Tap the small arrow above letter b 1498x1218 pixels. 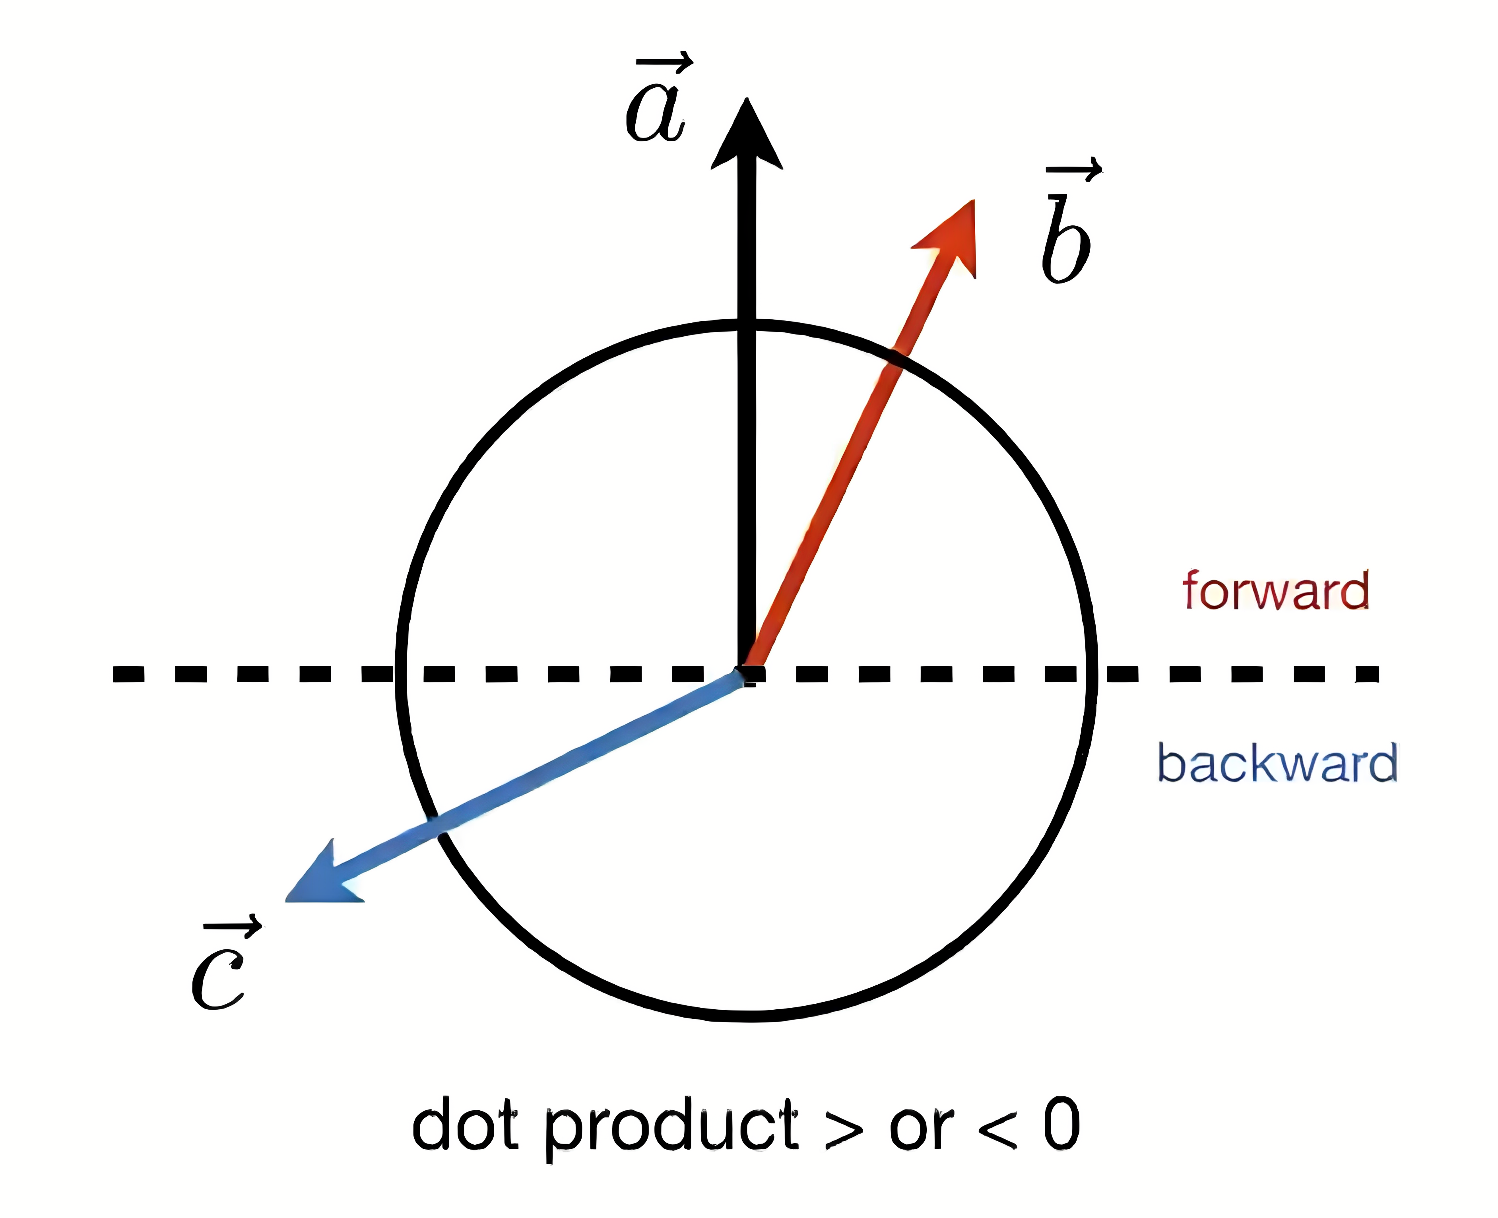pyautogui.click(x=1073, y=169)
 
